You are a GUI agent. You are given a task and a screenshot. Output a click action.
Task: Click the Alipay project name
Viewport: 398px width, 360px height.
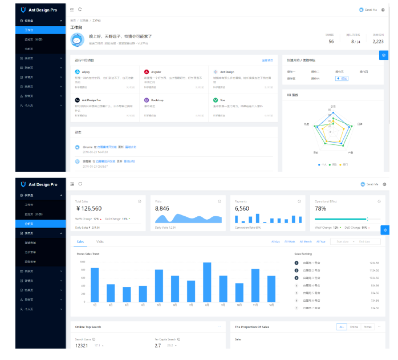tap(86, 72)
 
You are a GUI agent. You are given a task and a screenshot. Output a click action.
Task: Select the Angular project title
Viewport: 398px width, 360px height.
tap(155, 72)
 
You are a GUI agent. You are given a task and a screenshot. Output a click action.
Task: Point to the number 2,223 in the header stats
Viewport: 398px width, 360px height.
tap(377, 41)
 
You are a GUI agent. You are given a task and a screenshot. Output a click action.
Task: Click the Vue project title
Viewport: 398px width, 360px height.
tap(223, 100)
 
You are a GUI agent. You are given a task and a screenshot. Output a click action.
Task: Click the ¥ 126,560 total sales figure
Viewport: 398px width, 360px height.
tap(88, 209)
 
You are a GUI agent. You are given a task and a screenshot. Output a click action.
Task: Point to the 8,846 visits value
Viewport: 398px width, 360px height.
tap(163, 209)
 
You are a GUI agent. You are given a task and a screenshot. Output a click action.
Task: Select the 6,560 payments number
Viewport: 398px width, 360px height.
tap(242, 209)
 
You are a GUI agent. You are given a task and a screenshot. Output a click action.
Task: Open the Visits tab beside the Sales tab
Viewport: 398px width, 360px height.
tap(100, 242)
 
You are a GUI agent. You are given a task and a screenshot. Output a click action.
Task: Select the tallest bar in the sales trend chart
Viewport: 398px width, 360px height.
tap(207, 281)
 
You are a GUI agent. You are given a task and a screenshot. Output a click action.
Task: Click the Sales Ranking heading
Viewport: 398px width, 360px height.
tap(303, 253)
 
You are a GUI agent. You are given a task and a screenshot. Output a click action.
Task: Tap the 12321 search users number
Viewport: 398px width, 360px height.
tap(82, 346)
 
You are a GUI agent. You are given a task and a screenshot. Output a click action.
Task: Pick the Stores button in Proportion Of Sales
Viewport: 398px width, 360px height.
tap(368, 327)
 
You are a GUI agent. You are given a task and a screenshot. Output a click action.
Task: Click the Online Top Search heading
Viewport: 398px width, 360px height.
tap(88, 327)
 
